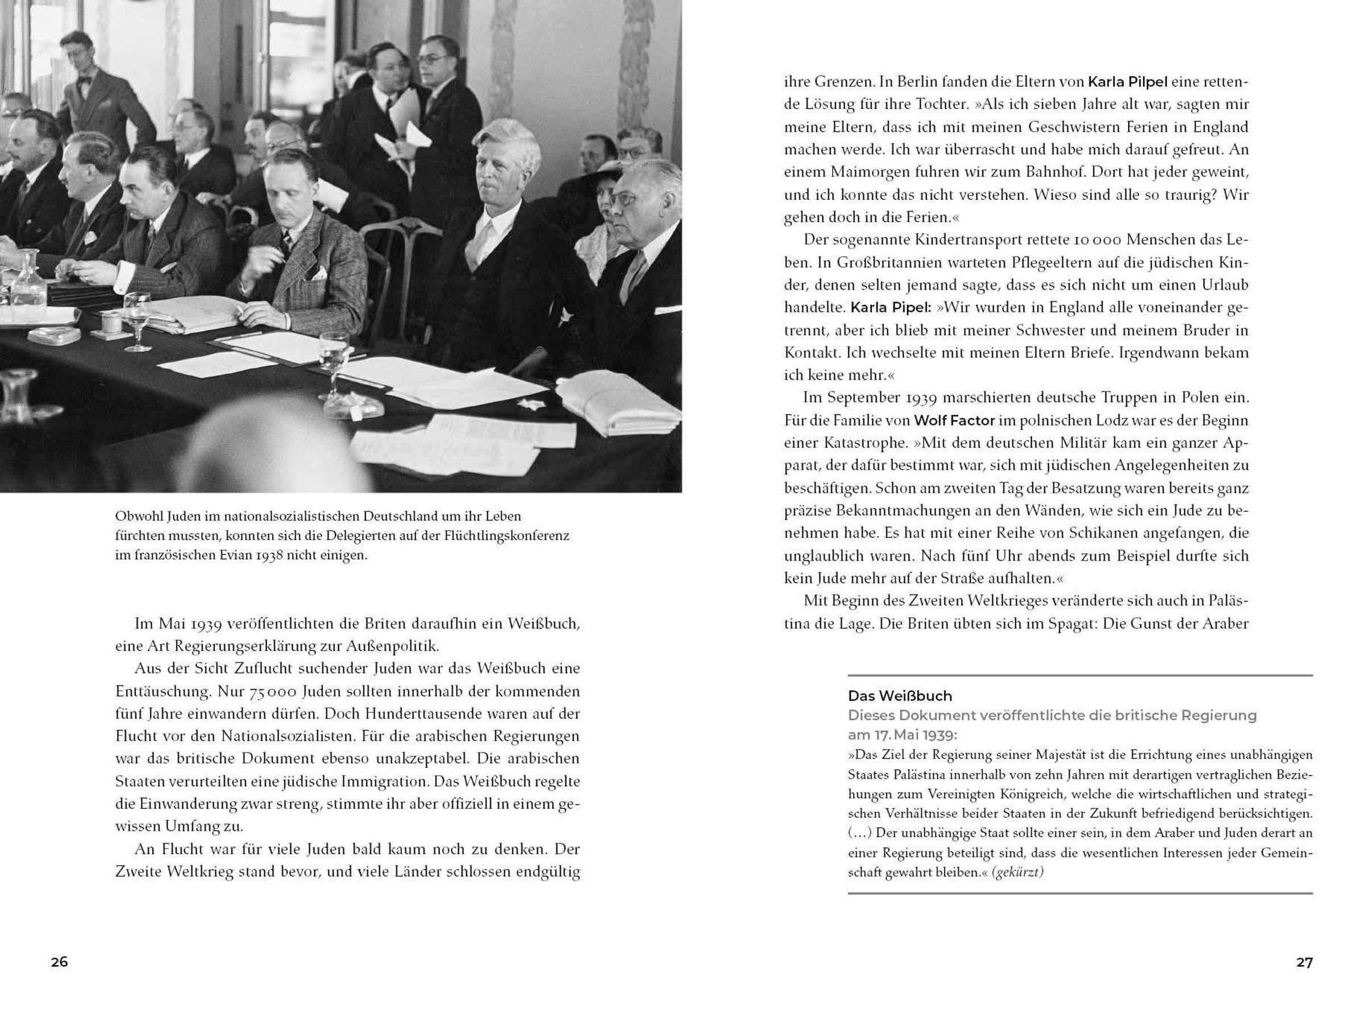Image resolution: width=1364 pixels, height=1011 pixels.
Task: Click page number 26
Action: (59, 962)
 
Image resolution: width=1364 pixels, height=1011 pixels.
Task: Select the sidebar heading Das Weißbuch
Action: (899, 696)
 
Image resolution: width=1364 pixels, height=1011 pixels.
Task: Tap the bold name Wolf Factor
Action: (954, 420)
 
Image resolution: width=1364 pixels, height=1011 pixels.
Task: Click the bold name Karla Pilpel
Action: (1127, 82)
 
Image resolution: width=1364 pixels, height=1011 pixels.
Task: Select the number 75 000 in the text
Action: (272, 692)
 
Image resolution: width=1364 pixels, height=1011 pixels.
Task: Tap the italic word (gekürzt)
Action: (1020, 872)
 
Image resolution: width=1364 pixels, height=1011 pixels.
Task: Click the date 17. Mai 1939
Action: (902, 735)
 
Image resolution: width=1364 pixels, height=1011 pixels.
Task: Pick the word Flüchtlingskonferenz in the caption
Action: (507, 536)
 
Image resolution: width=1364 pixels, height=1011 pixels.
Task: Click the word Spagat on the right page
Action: (1068, 624)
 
